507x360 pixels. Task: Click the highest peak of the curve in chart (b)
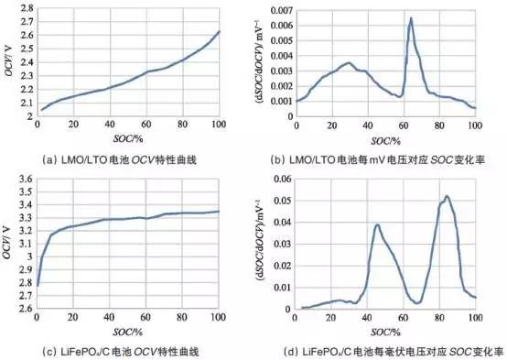coord(411,18)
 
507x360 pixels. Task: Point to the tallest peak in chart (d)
coord(447,196)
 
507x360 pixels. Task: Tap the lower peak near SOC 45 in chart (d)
coord(377,225)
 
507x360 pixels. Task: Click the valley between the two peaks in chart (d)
coord(416,301)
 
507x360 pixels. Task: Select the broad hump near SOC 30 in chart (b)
coord(348,63)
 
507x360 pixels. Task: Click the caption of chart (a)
coord(127,157)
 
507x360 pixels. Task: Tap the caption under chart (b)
coord(389,157)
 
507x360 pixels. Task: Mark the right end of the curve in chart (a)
coord(219,32)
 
